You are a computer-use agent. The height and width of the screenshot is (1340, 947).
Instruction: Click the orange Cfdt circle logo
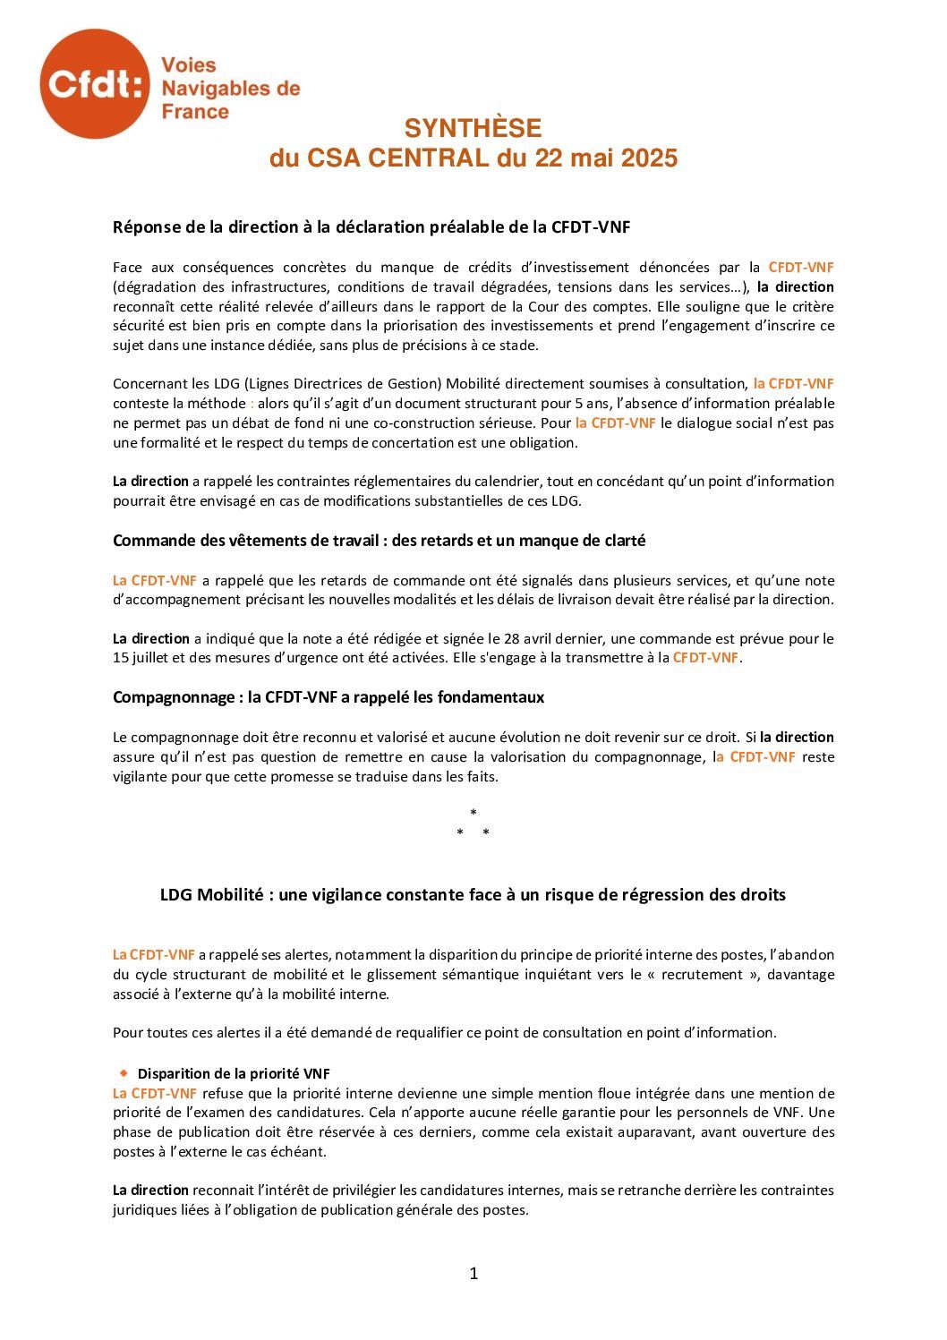(95, 83)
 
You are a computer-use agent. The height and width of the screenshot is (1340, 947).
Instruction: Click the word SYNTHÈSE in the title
(473, 128)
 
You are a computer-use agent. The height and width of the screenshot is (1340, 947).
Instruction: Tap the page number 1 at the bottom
(473, 1273)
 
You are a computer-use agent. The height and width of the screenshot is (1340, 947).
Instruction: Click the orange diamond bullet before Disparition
(124, 1072)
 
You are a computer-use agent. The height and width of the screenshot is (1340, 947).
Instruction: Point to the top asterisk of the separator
(473, 813)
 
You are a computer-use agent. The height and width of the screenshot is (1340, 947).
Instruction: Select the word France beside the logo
(195, 112)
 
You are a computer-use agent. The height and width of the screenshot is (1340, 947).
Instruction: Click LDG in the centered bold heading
(175, 894)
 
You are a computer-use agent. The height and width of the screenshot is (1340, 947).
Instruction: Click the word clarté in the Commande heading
(623, 541)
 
